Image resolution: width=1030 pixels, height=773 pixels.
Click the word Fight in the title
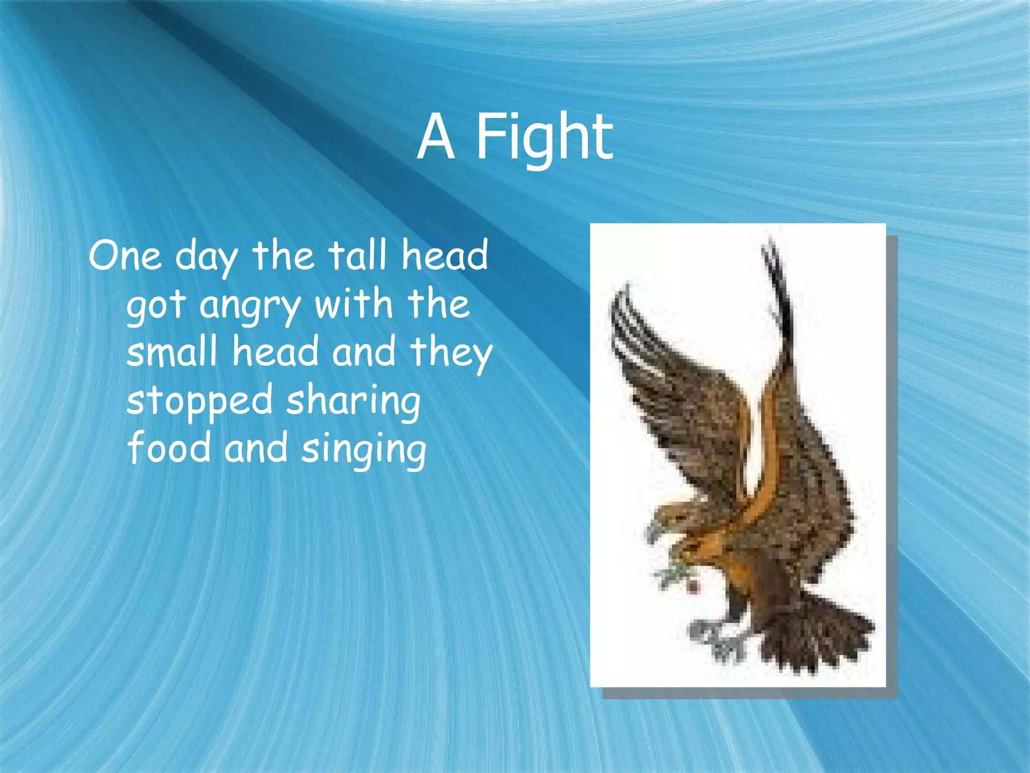coord(544,137)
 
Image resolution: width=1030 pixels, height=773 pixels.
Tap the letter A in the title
coord(436,137)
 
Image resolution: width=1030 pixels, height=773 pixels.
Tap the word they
coord(451,352)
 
